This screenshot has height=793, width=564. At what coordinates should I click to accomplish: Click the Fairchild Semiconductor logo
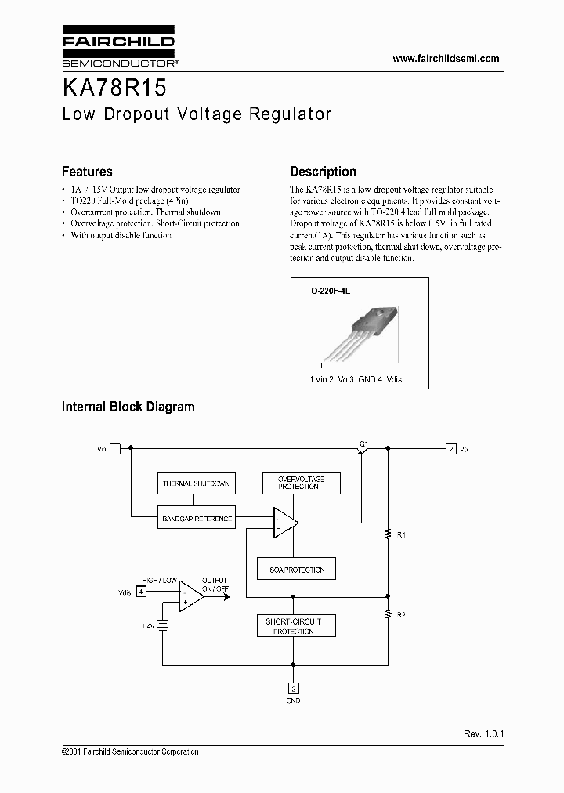click(118, 46)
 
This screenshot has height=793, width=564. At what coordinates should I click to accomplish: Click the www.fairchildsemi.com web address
click(445, 59)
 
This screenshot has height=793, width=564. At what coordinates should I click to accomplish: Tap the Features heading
click(87, 172)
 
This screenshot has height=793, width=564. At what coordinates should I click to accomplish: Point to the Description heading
click(323, 172)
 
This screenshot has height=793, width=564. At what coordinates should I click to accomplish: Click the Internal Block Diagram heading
click(128, 407)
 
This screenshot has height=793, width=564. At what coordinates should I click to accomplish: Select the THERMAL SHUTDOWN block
click(195, 483)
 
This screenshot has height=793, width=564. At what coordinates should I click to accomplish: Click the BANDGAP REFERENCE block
click(195, 519)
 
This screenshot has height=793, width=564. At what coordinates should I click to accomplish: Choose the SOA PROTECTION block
click(297, 570)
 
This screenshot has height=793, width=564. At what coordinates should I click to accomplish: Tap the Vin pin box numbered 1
click(115, 449)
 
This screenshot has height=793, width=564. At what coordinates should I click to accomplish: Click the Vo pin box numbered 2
click(450, 449)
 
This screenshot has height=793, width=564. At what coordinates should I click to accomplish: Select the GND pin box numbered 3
click(294, 689)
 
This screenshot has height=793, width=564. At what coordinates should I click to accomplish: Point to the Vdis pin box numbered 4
click(141, 592)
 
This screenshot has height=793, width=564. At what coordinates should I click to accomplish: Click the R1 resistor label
click(401, 534)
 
